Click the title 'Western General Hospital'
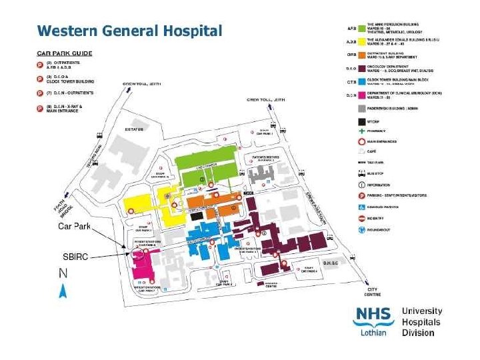[x=129, y=31]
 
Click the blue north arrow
[x=63, y=290]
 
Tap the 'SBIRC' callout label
[x=75, y=257]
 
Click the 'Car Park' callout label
[x=74, y=227]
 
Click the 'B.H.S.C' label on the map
[x=332, y=263]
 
